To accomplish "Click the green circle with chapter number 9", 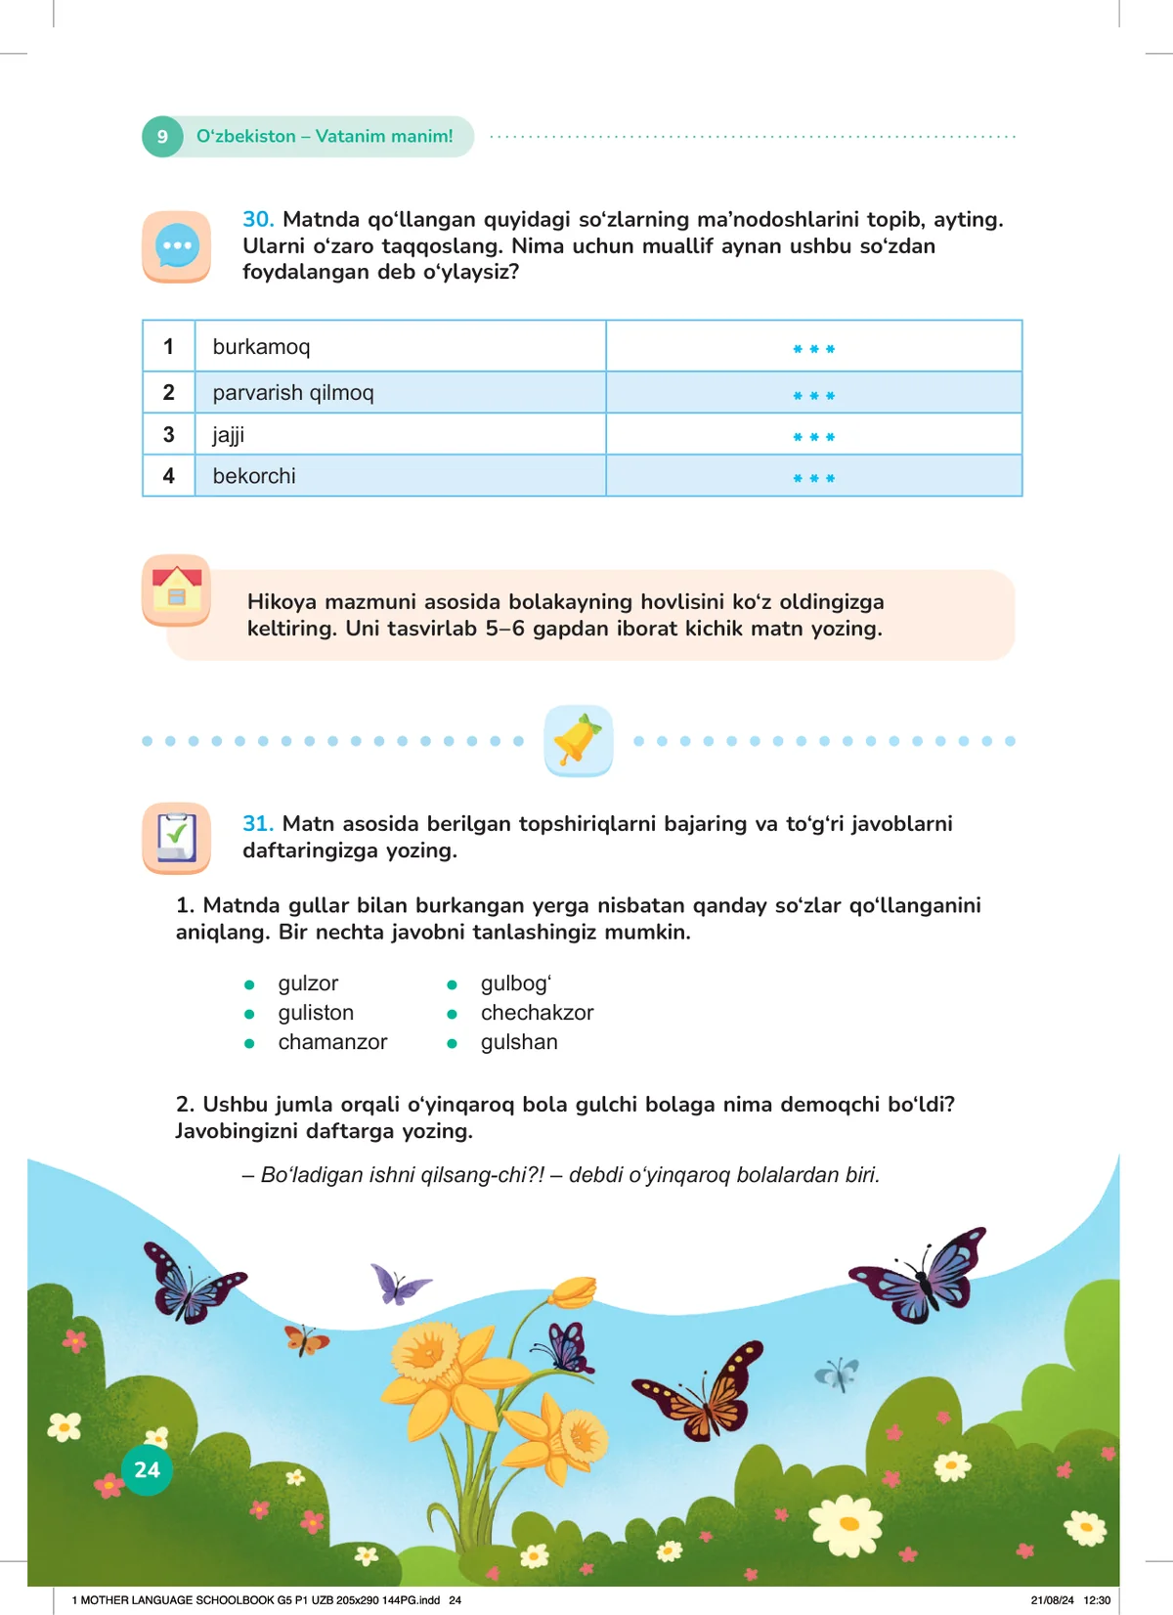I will tap(162, 137).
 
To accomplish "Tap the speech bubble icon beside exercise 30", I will tap(177, 246).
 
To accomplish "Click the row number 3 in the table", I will tap(169, 435).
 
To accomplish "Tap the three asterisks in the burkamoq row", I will tap(813, 349).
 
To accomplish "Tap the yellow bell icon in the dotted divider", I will tap(579, 740).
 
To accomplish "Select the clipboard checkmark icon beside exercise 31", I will tap(177, 838).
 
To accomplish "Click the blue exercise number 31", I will tap(258, 824).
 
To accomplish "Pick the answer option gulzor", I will tap(308, 983).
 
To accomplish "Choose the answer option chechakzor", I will tap(537, 1013).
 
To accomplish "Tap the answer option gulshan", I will tap(519, 1042).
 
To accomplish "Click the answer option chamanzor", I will tap(332, 1042).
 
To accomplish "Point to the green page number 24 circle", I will tap(147, 1469).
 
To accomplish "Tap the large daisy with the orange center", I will tap(847, 1524).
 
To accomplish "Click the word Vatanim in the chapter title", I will tap(351, 137).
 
